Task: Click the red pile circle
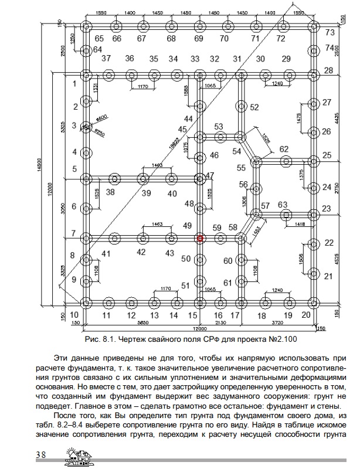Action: [200, 238]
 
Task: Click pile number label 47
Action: [210, 175]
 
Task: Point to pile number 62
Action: [284, 149]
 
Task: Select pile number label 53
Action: [219, 127]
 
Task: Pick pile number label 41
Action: [106, 254]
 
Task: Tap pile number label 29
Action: [286, 59]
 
